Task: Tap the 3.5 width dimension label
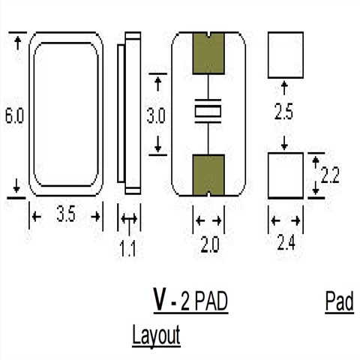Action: [x=65, y=217]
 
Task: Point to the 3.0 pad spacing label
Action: [x=156, y=116]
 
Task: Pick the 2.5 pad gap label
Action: [x=283, y=113]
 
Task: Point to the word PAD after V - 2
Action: [x=211, y=301]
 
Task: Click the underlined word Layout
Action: [x=157, y=335]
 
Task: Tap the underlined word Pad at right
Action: [x=340, y=301]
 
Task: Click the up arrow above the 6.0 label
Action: [x=16, y=43]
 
